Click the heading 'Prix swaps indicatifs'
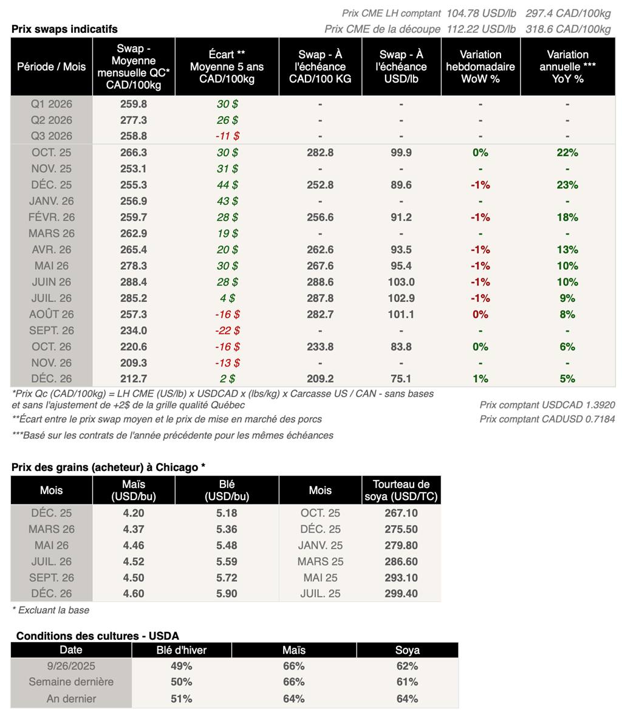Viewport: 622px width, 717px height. (64, 29)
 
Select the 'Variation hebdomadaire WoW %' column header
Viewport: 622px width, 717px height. (480, 66)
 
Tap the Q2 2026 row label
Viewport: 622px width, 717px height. (52, 120)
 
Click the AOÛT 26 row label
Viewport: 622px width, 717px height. (52, 314)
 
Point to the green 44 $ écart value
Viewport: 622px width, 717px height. (227, 185)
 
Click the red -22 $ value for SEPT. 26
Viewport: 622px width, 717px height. (227, 331)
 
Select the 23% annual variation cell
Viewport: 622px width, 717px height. (567, 185)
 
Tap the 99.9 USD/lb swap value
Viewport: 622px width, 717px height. (401, 153)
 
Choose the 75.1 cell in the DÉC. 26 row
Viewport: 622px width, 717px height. (401, 379)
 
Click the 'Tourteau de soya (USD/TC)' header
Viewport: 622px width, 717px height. (401, 490)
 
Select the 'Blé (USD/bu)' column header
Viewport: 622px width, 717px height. (227, 490)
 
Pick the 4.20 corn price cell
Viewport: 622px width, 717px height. (134, 513)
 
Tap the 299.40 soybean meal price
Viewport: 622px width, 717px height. (401, 593)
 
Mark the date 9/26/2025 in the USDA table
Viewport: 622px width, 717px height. (71, 665)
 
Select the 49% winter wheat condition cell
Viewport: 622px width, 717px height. (182, 665)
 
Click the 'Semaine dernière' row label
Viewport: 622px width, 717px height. (71, 682)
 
